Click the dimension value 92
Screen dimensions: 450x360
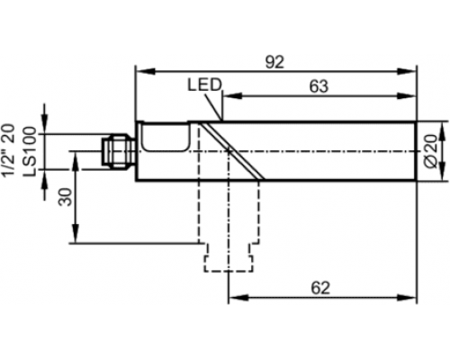pyautogui.click(x=274, y=62)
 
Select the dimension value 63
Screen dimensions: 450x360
pyautogui.click(x=319, y=86)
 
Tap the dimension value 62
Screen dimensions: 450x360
pyautogui.click(x=320, y=288)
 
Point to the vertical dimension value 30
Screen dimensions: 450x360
pyautogui.click(x=66, y=196)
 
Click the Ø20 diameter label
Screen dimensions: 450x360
pyautogui.click(x=431, y=151)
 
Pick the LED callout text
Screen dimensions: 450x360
pyautogui.click(x=204, y=85)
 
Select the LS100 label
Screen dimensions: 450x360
pyautogui.click(x=31, y=151)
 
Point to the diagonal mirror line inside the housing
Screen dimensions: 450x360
pyautogui.click(x=231, y=151)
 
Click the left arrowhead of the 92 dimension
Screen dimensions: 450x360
pyautogui.click(x=146, y=71)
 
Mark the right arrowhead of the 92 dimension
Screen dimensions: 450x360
pyautogui.click(x=407, y=71)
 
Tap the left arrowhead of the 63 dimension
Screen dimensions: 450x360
pyautogui.click(x=232, y=96)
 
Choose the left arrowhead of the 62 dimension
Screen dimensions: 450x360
pyautogui.click(x=238, y=298)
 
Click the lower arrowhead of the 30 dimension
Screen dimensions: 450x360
pyautogui.click(x=76, y=233)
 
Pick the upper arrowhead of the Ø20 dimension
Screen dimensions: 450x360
pyautogui.click(x=443, y=131)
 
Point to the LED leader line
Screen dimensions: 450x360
pyautogui.click(x=213, y=107)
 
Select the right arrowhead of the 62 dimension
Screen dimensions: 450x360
pyautogui.click(x=407, y=298)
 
